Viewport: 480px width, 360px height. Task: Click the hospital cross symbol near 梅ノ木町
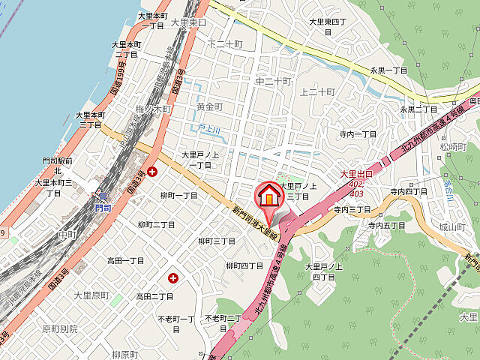tap(152, 171)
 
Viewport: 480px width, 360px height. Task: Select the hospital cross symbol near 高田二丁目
tap(174, 277)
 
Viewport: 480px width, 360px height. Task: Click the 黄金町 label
tap(209, 107)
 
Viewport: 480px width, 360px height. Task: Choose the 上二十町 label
tap(316, 91)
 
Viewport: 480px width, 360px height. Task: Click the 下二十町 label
tap(225, 44)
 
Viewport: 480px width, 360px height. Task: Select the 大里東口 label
tap(188, 23)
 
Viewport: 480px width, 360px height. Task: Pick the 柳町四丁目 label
tap(244, 265)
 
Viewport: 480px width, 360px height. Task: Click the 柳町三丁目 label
tap(217, 241)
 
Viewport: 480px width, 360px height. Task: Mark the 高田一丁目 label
tap(125, 260)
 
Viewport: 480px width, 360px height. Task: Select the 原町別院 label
tap(59, 328)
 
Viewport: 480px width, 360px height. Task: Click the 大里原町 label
tap(91, 295)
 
